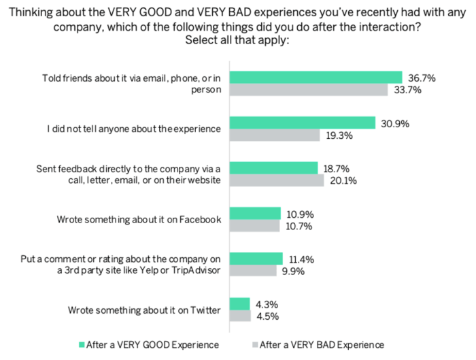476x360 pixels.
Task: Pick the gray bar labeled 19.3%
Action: pos(275,135)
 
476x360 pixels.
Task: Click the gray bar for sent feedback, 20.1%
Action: pos(277,181)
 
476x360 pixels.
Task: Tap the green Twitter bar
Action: pos(239,304)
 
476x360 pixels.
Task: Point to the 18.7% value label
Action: pos(339,168)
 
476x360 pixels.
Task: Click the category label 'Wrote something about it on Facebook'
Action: pos(139,220)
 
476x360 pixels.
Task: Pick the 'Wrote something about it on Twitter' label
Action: pos(144,310)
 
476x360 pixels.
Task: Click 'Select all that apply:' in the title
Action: pos(237,39)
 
